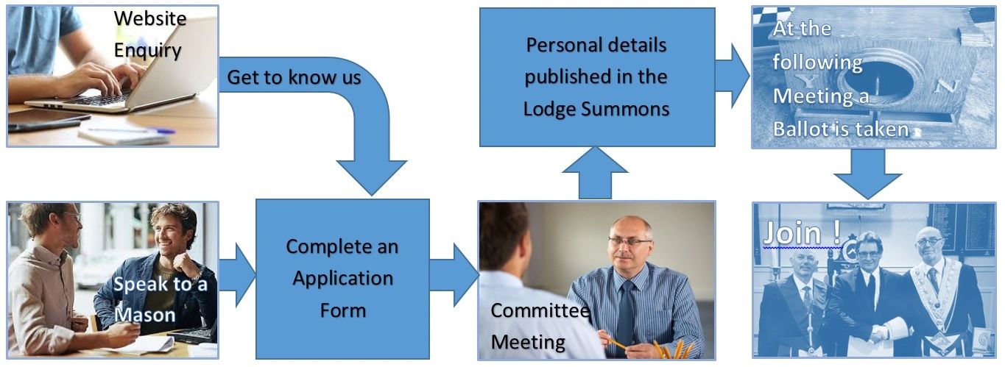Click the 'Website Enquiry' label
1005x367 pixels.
coord(149,34)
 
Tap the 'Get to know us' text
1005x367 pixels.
coord(294,76)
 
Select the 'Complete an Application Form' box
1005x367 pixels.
coord(342,278)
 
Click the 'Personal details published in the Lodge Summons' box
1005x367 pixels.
coord(596,76)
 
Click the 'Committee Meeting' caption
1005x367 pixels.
coord(540,326)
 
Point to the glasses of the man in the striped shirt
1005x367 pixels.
coord(630,241)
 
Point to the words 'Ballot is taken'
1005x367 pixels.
coord(840,129)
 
